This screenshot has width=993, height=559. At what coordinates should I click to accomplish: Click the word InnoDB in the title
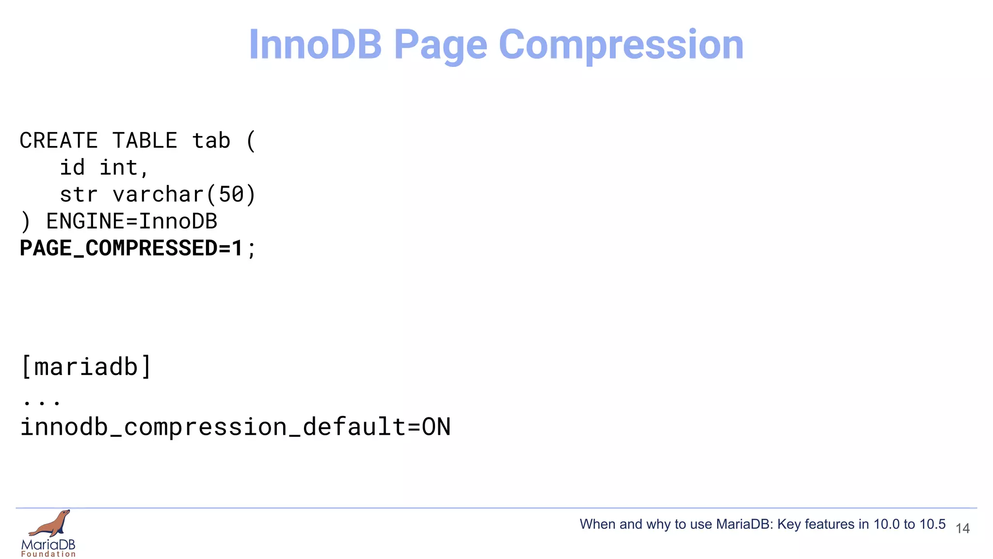coord(315,45)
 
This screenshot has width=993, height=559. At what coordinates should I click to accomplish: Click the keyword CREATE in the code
coord(59,141)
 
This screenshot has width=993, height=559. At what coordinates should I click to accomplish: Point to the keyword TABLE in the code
coord(144,141)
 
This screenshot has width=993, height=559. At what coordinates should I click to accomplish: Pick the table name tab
coord(211,141)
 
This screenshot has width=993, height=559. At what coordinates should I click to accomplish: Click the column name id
coord(72,168)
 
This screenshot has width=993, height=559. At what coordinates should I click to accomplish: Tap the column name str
coord(79,195)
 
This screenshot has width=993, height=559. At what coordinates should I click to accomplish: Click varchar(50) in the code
coord(184,195)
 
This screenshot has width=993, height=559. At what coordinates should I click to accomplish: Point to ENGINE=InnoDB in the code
coord(131,222)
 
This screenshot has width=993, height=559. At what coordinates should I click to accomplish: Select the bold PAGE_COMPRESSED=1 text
coord(131,248)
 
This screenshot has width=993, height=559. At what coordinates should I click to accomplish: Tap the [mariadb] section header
coord(86,367)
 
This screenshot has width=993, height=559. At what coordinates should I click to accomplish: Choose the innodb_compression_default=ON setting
coord(235,427)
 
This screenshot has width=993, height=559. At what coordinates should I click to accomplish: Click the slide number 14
coord(962,528)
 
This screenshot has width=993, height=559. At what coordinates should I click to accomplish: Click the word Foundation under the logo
coord(48,554)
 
